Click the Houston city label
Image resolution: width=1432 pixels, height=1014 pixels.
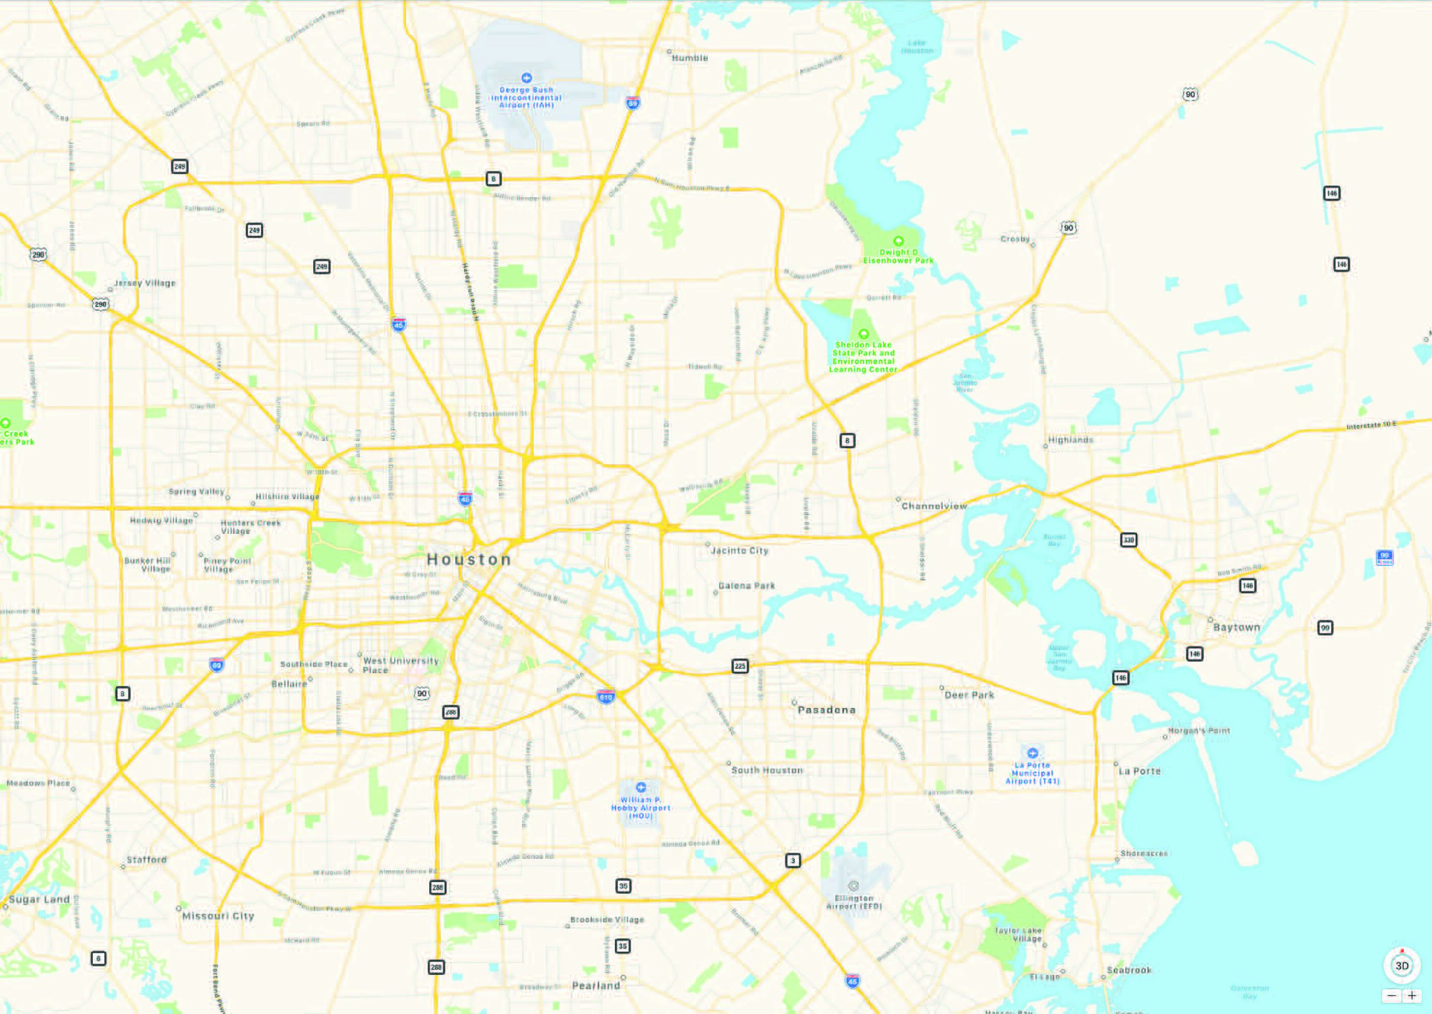tap(469, 559)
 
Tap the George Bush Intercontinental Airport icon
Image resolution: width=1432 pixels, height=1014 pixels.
tap(526, 78)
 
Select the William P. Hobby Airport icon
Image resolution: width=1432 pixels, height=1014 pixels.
tap(640, 787)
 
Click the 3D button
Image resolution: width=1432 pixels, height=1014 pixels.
tap(1402, 966)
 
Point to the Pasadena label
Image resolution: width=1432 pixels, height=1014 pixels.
tap(826, 710)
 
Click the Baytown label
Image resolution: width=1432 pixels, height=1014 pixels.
tap(1237, 628)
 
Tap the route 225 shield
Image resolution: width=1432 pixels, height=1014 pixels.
tap(740, 666)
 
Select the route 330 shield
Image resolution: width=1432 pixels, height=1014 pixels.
tap(1128, 539)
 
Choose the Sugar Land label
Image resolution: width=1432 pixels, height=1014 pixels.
tap(40, 900)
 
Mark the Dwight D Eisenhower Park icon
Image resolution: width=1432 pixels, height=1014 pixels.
tap(898, 241)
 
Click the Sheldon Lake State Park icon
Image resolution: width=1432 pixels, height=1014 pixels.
tap(863, 334)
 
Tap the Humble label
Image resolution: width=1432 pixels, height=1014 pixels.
tap(690, 58)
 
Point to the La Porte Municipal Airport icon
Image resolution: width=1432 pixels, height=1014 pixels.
tap(1033, 753)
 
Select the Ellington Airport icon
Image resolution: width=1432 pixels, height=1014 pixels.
tap(853, 886)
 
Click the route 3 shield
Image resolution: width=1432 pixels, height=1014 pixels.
tap(793, 860)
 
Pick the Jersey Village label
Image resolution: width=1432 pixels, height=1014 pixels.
tap(145, 283)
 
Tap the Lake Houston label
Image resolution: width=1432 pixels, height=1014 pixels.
tap(916, 47)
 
